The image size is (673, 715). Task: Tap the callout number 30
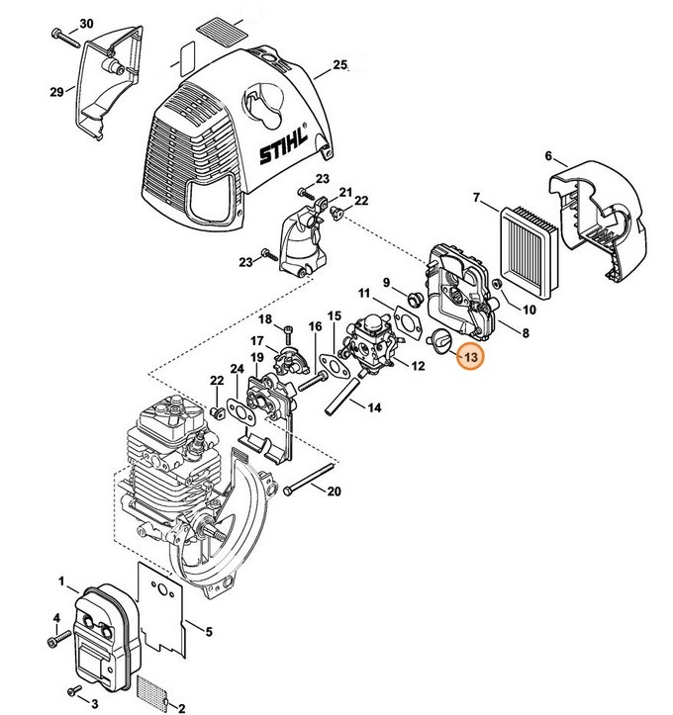[x=86, y=23]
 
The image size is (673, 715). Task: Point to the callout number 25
[x=340, y=65]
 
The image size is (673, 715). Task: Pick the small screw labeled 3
[x=72, y=688]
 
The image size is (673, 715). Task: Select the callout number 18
[x=264, y=318]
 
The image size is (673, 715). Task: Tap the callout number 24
[x=237, y=369]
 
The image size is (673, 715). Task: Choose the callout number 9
[x=388, y=282]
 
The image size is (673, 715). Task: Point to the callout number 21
[x=345, y=192]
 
